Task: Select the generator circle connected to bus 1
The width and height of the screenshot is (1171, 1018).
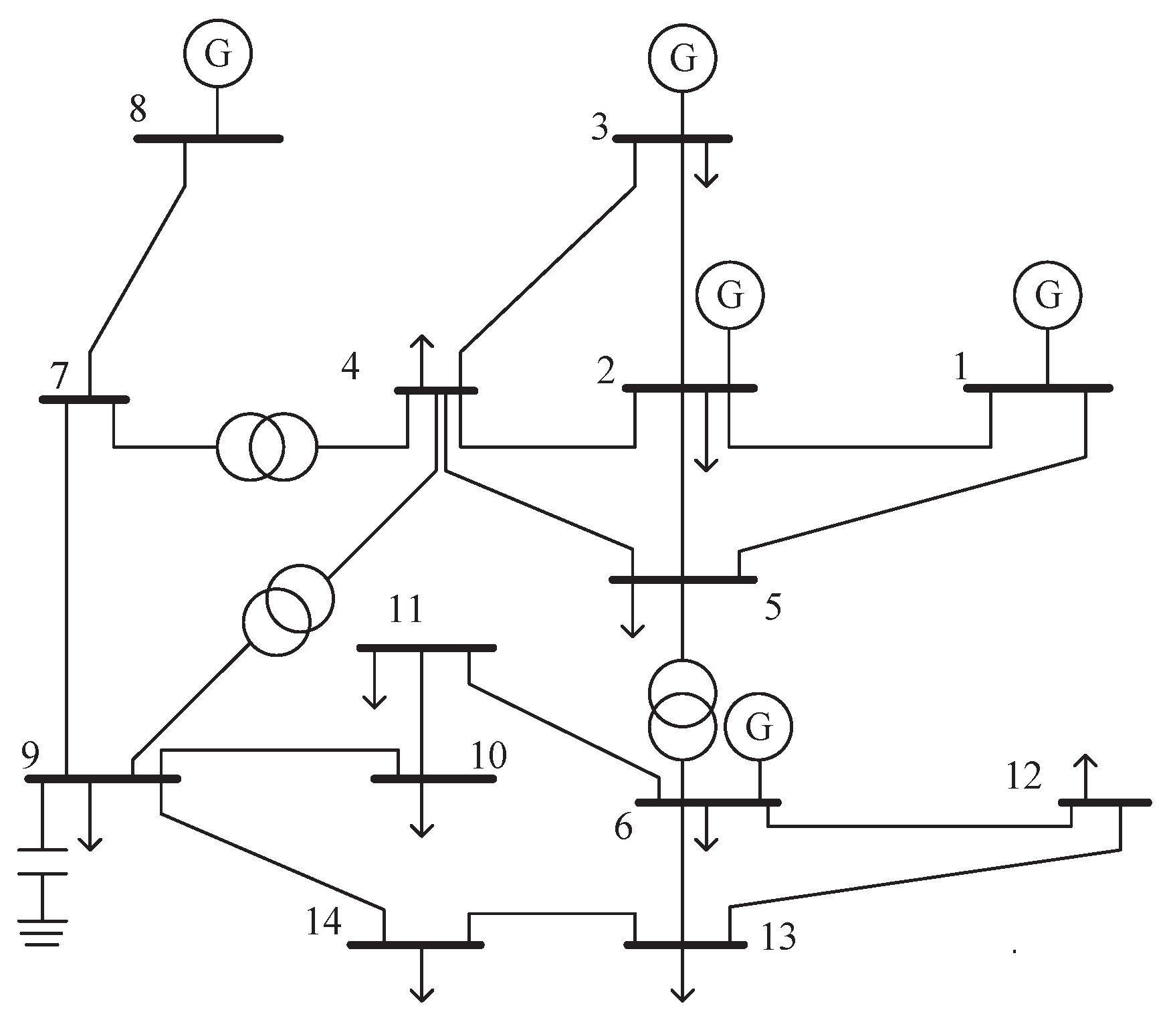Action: [x=1047, y=294]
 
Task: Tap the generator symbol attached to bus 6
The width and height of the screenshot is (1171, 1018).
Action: [x=758, y=727]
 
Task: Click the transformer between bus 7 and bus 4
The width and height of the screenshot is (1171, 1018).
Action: [x=267, y=447]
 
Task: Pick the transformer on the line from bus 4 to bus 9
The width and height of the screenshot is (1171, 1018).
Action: [x=288, y=609]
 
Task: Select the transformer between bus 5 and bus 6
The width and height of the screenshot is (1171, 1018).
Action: [x=682, y=710]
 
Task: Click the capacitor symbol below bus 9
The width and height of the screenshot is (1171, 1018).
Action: [x=42, y=861]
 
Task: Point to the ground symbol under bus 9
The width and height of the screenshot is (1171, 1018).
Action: [x=42, y=932]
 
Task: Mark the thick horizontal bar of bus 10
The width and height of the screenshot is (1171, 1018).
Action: [x=433, y=779]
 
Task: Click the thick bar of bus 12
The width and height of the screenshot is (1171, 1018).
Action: [x=1105, y=802]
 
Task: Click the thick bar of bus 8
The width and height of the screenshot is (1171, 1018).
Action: [x=209, y=138]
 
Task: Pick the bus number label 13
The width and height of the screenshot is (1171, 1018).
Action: [x=778, y=937]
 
